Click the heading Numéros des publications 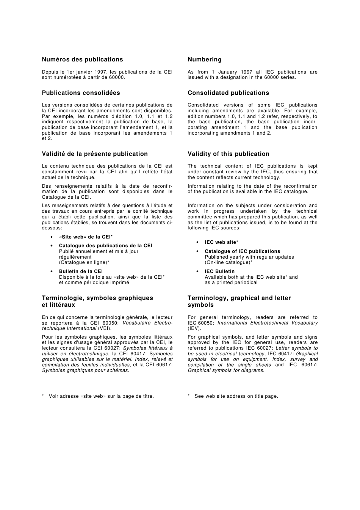(82, 60)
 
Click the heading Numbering (204, 60)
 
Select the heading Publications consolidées (81, 93)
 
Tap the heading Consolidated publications (228, 93)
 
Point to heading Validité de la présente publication (95, 154)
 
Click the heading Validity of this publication (228, 154)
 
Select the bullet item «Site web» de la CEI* (86, 237)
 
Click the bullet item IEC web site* (221, 242)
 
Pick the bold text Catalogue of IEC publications (242, 251)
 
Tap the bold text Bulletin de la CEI (81, 271)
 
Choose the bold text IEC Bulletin (219, 271)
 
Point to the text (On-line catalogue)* (229, 262)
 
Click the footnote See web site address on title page (236, 396)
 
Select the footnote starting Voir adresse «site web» (101, 396)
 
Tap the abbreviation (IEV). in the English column (194, 328)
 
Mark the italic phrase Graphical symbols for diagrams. (226, 370)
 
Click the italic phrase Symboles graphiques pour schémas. (86, 370)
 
